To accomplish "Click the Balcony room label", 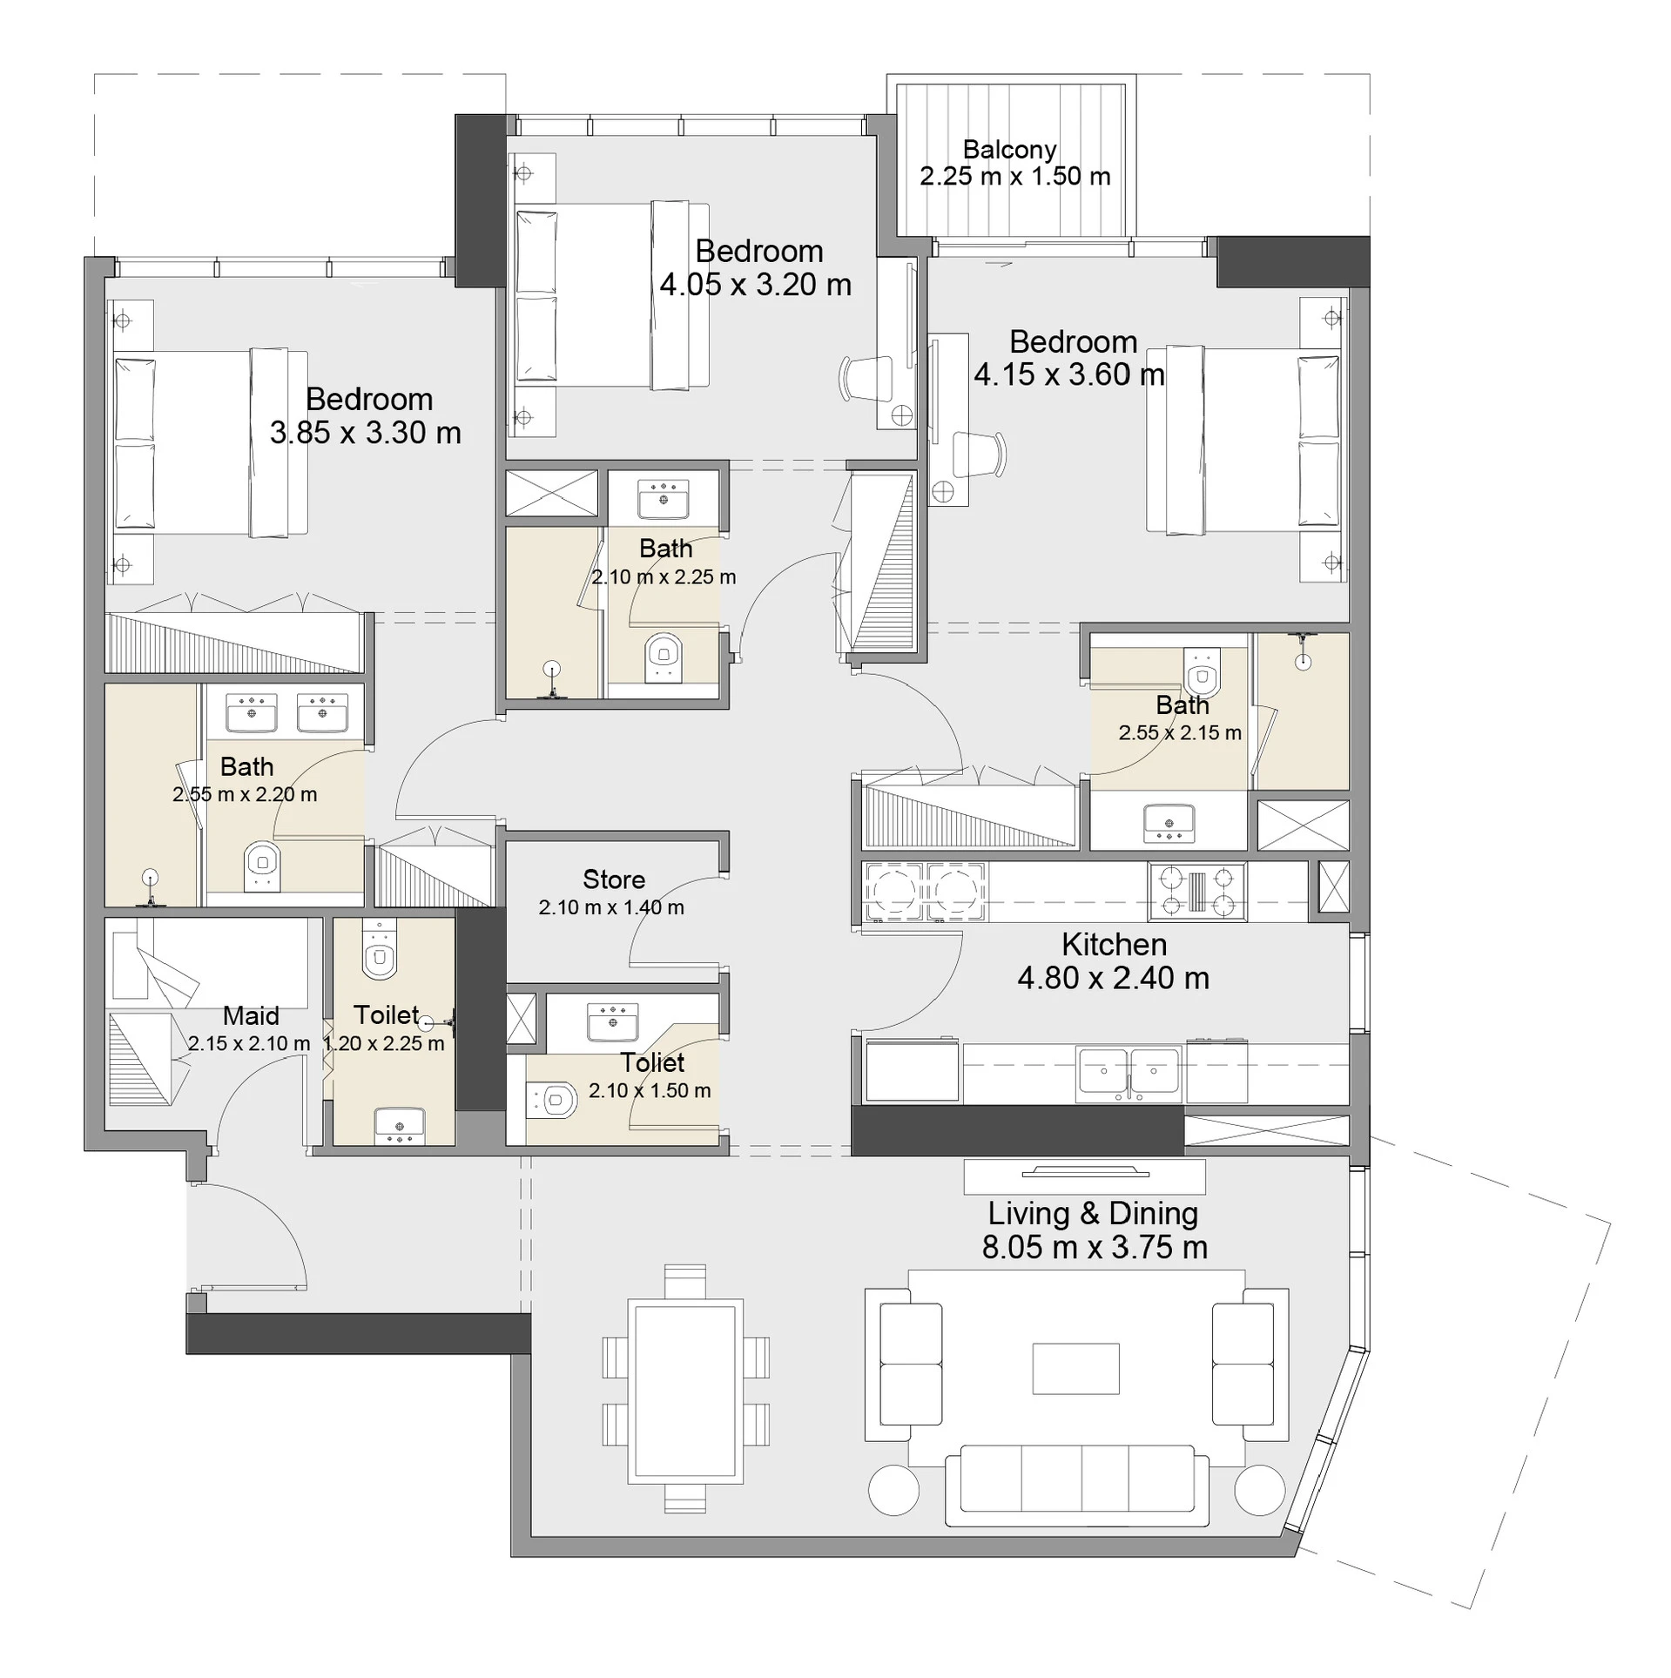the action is tap(1009, 150).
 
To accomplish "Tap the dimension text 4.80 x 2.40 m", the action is tap(1113, 978).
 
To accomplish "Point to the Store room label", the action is tap(614, 879).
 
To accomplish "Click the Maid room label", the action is tap(251, 1015).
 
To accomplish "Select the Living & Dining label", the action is tap(1093, 1213).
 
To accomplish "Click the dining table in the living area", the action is tap(685, 1390).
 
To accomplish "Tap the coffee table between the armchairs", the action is tap(1075, 1369).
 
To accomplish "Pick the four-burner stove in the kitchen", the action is tap(1196, 891).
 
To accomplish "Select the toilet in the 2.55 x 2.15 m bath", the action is tap(1202, 671).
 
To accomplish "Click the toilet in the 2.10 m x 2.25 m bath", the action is tap(664, 657).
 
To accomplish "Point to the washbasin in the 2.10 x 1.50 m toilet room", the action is tap(613, 1021).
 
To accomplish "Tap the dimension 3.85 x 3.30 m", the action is tap(365, 433).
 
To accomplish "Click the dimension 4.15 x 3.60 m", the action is tap(1068, 374).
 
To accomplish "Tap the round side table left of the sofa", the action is tap(893, 1491).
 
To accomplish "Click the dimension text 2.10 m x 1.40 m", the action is tap(611, 907).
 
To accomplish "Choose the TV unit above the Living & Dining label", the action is tap(1084, 1176).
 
